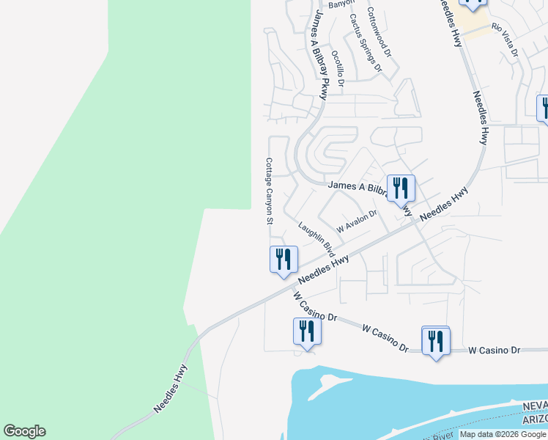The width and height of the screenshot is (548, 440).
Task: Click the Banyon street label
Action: click(x=341, y=4)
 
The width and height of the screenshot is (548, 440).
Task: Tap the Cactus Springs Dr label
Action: click(x=366, y=42)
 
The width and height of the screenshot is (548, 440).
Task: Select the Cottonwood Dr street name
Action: click(x=379, y=33)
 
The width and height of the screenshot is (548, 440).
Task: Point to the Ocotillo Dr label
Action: click(x=337, y=68)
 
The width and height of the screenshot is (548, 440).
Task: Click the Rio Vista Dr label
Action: click(x=506, y=40)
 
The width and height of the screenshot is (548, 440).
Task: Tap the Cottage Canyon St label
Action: click(x=269, y=191)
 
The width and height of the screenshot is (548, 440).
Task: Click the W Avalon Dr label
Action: click(x=356, y=219)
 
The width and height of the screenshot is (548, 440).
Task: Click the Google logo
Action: click(x=24, y=431)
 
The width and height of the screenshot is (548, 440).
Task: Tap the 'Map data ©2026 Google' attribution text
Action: click(x=503, y=434)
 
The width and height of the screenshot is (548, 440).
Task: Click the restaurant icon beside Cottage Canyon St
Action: click(x=282, y=260)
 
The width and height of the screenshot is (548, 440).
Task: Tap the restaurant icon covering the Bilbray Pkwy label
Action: click(x=401, y=188)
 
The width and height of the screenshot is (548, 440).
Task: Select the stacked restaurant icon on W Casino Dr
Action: click(x=436, y=341)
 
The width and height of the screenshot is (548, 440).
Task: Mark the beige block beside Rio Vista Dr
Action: click(x=476, y=28)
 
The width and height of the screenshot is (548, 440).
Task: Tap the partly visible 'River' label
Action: click(x=444, y=436)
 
